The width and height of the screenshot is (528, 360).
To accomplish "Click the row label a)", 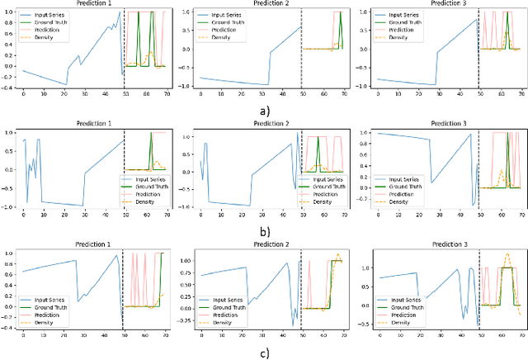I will click(x=265, y=109).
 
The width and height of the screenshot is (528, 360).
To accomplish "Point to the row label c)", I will click(x=265, y=353).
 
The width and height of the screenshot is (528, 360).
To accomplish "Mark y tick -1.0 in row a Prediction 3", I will click(x=363, y=86).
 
